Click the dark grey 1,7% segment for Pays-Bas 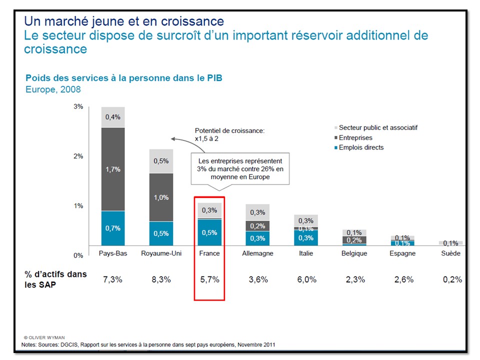tap(112, 169)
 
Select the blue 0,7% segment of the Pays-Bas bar tap(112, 228)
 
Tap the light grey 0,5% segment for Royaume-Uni tap(161, 161)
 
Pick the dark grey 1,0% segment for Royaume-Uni tap(161, 197)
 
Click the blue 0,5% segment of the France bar tap(209, 232)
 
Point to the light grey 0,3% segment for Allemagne tap(257, 212)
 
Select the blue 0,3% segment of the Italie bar tap(306, 238)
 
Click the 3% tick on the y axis tap(78, 107)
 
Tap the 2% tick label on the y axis tap(78, 156)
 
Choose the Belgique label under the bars tap(354, 253)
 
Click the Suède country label tap(450, 253)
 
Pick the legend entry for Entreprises tap(355, 137)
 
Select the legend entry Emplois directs tap(360, 147)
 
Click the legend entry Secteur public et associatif tap(377, 127)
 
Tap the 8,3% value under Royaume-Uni tap(161, 279)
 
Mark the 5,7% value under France tap(209, 279)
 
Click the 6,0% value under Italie tap(306, 279)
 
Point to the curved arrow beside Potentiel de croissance tap(178, 138)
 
